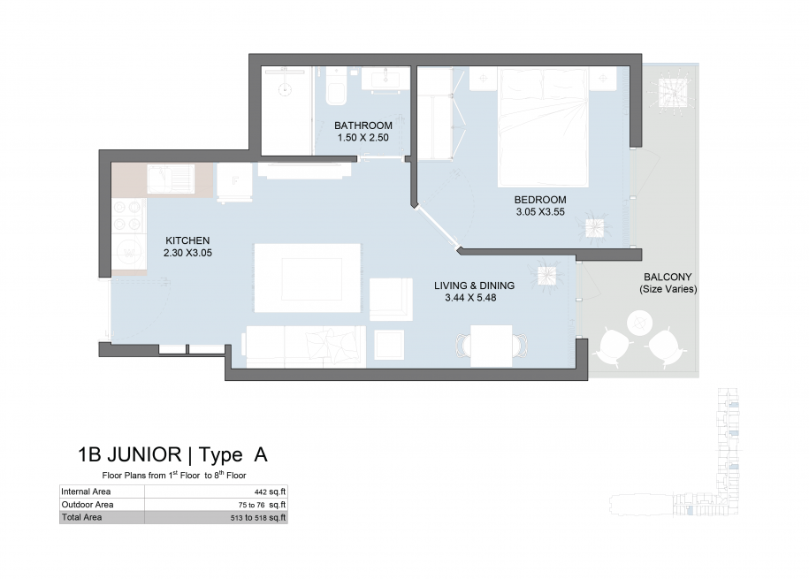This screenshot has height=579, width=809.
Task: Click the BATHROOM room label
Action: point(363,126)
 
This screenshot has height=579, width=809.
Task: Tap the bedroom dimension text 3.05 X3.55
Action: point(540,211)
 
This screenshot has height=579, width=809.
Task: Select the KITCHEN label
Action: point(187,240)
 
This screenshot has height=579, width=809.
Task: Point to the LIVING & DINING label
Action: point(474,286)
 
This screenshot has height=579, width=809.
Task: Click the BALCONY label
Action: point(668,277)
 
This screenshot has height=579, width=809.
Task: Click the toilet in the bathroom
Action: point(336,88)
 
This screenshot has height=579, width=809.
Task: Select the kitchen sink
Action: point(171,179)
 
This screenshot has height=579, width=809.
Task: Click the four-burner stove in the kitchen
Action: point(128,216)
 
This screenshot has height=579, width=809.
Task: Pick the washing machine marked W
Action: point(128,252)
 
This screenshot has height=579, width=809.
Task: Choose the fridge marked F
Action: point(235,181)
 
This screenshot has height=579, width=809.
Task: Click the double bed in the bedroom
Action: point(543,127)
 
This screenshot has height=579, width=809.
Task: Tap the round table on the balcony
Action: point(640,323)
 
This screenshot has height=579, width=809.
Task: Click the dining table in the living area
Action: point(492,346)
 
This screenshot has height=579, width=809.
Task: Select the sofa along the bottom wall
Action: point(304,347)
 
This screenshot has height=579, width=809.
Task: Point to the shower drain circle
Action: point(286,90)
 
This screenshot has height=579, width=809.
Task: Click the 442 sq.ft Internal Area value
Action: point(270,491)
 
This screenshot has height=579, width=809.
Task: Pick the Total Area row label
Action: point(81,517)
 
